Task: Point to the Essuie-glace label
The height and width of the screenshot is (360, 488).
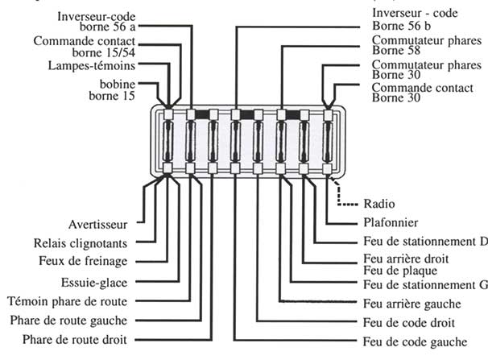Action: pyautogui.click(x=95, y=282)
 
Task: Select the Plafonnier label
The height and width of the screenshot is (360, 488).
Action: pyautogui.click(x=382, y=222)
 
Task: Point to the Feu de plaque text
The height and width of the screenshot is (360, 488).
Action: pyautogui.click(x=394, y=271)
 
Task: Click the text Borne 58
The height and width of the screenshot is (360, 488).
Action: pyautogui.click(x=394, y=52)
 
